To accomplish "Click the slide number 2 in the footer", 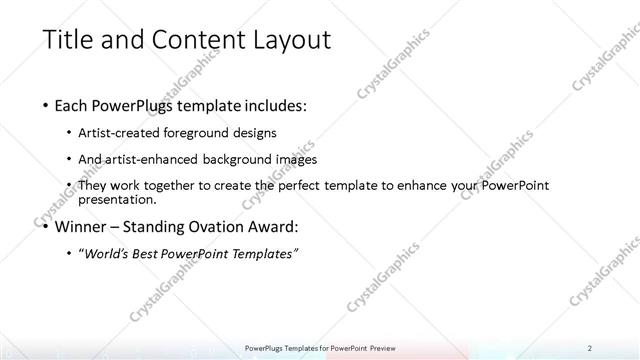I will pyautogui.click(x=591, y=348).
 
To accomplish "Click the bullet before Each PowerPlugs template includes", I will pyautogui.click(x=46, y=104).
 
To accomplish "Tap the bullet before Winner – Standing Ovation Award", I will pyautogui.click(x=46, y=226).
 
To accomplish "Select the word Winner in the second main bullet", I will pyautogui.click(x=85, y=226).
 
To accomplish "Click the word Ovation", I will pyautogui.click(x=218, y=226).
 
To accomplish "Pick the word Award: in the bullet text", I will pyautogui.click(x=272, y=226).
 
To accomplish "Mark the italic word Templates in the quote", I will pyautogui.click(x=263, y=254).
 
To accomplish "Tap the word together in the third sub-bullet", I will pyautogui.click(x=187, y=186).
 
